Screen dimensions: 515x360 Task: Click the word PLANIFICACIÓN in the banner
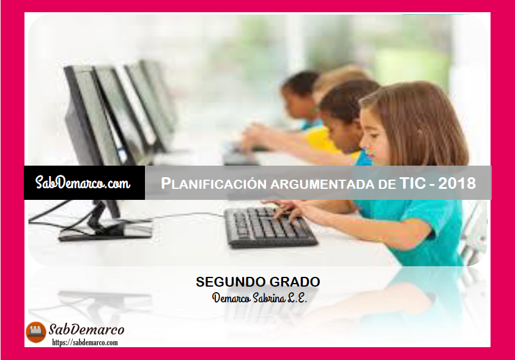click(x=213, y=183)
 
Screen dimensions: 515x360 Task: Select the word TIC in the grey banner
click(x=413, y=183)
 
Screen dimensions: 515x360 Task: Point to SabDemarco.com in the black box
click(x=83, y=183)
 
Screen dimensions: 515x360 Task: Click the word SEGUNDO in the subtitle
click(x=226, y=282)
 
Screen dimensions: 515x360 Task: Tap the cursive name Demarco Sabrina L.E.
click(x=259, y=298)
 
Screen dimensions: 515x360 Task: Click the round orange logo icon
click(x=36, y=332)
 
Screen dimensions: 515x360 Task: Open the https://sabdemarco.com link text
click(x=85, y=343)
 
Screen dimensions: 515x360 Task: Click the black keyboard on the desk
click(x=270, y=227)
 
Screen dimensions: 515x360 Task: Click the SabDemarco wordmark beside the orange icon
click(x=87, y=329)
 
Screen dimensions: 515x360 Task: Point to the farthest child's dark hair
click(x=300, y=82)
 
